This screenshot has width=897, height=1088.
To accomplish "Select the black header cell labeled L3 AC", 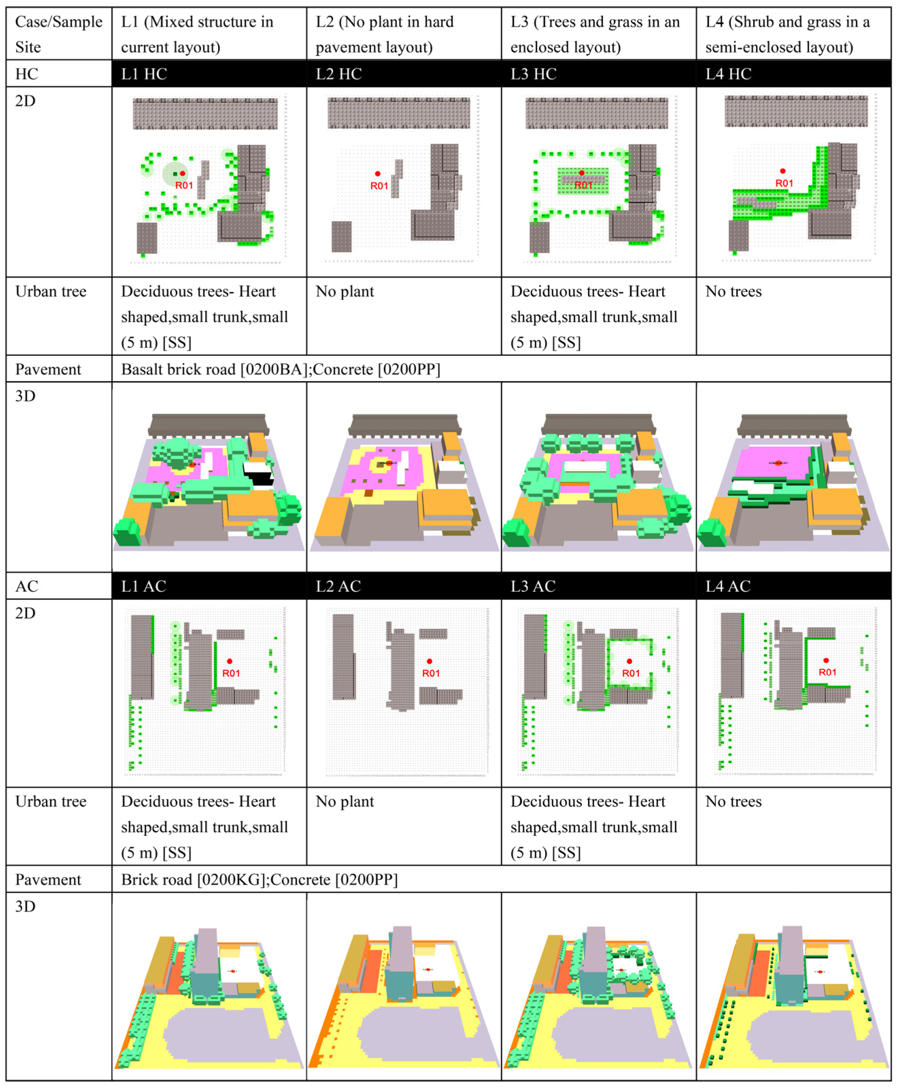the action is pos(598,586).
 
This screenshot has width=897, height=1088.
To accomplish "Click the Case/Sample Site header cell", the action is pos(59,34).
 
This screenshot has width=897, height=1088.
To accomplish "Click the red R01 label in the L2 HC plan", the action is pos(379,186).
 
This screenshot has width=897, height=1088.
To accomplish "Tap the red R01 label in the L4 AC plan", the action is pos(827,672).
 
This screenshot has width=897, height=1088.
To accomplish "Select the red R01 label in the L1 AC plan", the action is pos(231,673).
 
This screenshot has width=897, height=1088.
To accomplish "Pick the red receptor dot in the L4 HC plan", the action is pos(783,171).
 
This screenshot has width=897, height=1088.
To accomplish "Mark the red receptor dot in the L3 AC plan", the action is pos(629,661).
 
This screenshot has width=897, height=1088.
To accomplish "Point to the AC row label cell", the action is pos(59,586).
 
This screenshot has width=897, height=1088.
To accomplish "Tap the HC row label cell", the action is pos(59,74).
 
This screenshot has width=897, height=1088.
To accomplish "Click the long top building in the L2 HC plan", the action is pos(399,113).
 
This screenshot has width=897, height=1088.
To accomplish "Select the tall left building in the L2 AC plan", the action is pos(343,656).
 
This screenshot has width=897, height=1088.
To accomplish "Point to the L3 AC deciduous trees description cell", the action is pos(598,826).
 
